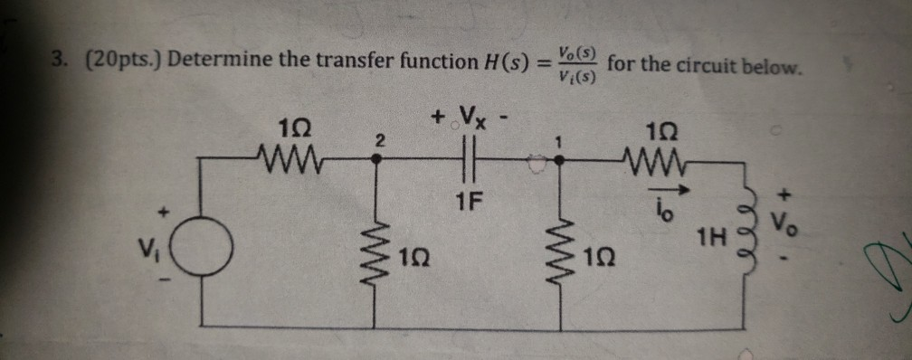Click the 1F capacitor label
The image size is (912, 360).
click(x=468, y=193)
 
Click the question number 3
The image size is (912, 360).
click(x=57, y=61)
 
